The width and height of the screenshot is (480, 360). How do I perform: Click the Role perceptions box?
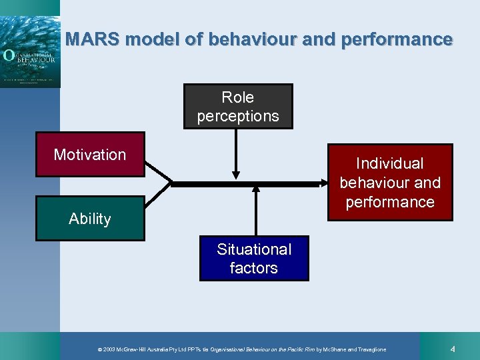tap(238, 106)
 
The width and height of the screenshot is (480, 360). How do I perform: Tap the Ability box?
tap(90, 218)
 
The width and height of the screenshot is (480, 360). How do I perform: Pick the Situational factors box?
tap(254, 258)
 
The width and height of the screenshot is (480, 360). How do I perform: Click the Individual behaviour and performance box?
tap(390, 182)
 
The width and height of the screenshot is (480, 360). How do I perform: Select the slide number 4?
tap(452, 349)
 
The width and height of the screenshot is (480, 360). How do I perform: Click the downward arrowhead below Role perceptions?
tap(235, 175)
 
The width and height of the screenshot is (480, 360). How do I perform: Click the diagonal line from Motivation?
tap(158, 171)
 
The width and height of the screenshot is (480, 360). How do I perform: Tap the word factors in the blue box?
tap(254, 268)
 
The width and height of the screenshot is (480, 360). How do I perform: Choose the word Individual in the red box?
tap(390, 163)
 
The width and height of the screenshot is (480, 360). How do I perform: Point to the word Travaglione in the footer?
tap(365, 349)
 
